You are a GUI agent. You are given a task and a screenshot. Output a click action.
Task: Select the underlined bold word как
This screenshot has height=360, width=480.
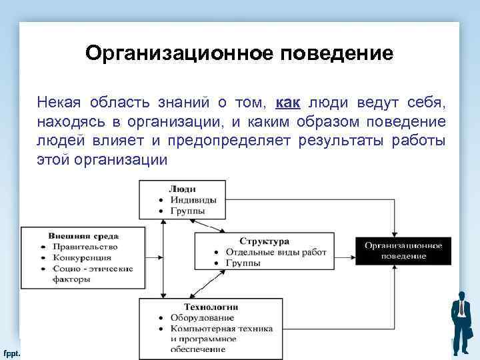287,103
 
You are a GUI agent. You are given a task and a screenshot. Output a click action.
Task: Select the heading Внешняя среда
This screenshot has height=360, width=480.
83,235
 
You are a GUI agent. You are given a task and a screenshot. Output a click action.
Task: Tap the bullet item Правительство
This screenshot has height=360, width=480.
86,246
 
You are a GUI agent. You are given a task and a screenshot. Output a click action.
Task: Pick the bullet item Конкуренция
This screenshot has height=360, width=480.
83,257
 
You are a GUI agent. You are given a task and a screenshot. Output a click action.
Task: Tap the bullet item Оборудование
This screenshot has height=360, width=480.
201,317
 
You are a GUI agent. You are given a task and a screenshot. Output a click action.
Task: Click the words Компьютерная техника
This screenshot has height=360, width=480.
221,328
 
